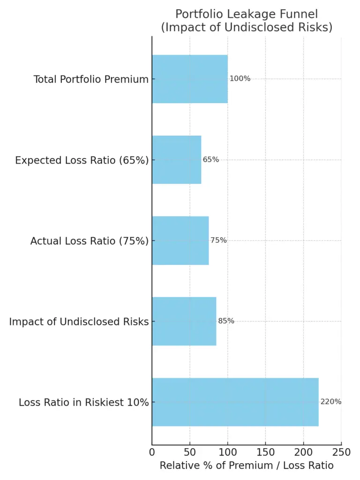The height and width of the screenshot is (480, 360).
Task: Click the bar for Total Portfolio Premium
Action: pyautogui.click(x=189, y=79)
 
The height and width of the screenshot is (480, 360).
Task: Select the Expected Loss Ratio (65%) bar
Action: pyautogui.click(x=176, y=159)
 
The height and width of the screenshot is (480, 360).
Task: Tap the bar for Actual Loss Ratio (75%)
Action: pyautogui.click(x=180, y=240)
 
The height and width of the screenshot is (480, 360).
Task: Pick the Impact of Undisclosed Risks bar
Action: pyautogui.click(x=184, y=321)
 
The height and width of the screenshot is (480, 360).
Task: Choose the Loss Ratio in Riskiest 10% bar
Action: pyautogui.click(x=235, y=402)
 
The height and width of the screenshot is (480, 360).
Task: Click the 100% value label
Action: pyautogui.click(x=240, y=79)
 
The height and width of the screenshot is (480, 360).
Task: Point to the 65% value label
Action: pyautogui.click(x=211, y=159)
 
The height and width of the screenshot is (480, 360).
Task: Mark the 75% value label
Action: pyautogui.click(x=218, y=240)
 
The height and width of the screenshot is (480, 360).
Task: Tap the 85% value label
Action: pyautogui.click(x=226, y=321)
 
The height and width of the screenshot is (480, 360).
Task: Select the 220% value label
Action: pyautogui.click(x=331, y=402)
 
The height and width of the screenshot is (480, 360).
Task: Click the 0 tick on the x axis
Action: pyautogui.click(x=152, y=452)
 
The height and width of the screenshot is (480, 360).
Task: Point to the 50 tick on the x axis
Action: pyautogui.click(x=190, y=452)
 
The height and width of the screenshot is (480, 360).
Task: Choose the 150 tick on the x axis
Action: pyautogui.click(x=265, y=452)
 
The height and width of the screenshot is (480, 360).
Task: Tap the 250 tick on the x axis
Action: pyautogui.click(x=341, y=452)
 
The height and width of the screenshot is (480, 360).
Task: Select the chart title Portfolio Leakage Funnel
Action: pyautogui.click(x=247, y=14)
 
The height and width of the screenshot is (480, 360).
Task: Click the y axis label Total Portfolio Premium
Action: pyautogui.click(x=91, y=80)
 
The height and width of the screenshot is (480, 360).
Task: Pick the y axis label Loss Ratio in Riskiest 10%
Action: pyautogui.click(x=84, y=403)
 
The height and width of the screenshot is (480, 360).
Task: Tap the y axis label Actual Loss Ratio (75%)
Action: pyautogui.click(x=90, y=241)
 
